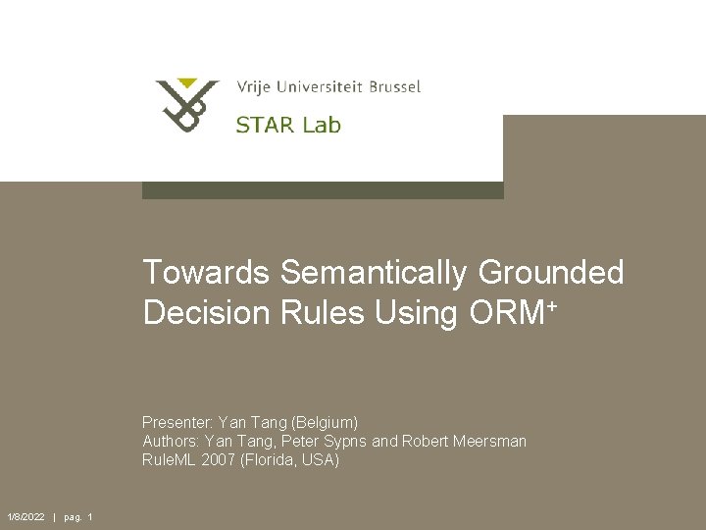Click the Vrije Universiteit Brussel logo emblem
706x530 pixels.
coord(187,105)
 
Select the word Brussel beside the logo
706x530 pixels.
coord(394,86)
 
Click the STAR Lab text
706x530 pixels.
coord(287,125)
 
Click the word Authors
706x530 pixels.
coord(171,441)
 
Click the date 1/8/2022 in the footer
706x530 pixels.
coord(25,517)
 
